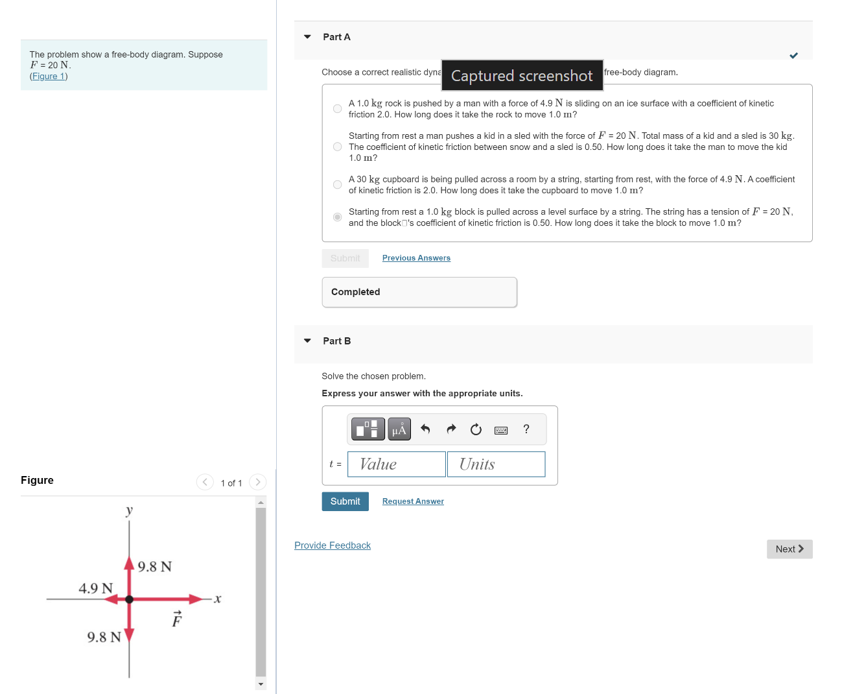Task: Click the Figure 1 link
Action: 49,77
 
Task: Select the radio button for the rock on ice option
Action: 337,108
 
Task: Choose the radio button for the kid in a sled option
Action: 337,147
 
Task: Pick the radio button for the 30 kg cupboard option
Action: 337,185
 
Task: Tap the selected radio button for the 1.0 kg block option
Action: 337,217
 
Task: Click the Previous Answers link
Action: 416,258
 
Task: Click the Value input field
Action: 397,464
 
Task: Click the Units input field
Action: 496,464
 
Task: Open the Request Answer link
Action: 413,501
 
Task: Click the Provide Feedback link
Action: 333,545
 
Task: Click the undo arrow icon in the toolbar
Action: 425,429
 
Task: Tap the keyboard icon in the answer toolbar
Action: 501,430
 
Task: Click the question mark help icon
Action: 526,429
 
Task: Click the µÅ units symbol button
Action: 399,429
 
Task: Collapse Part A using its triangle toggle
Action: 307,37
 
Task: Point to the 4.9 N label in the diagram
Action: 95,588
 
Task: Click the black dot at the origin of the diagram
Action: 129,599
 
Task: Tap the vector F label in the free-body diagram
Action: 177,619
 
